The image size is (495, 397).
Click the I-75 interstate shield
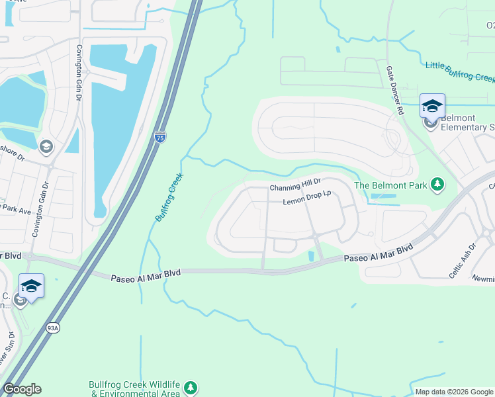point(160,137)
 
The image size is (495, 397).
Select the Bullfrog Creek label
point(169,198)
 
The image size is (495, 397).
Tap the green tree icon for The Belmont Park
point(437,185)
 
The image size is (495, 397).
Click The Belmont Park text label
point(390,185)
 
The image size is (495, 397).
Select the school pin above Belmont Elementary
point(432,105)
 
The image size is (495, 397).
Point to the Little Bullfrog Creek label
point(459,72)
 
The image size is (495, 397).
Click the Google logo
point(22,389)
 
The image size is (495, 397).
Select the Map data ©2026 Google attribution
point(453,392)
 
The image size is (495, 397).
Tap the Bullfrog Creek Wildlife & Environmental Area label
point(135,389)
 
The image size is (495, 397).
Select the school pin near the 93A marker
point(31,286)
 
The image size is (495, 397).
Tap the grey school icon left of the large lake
point(46,146)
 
